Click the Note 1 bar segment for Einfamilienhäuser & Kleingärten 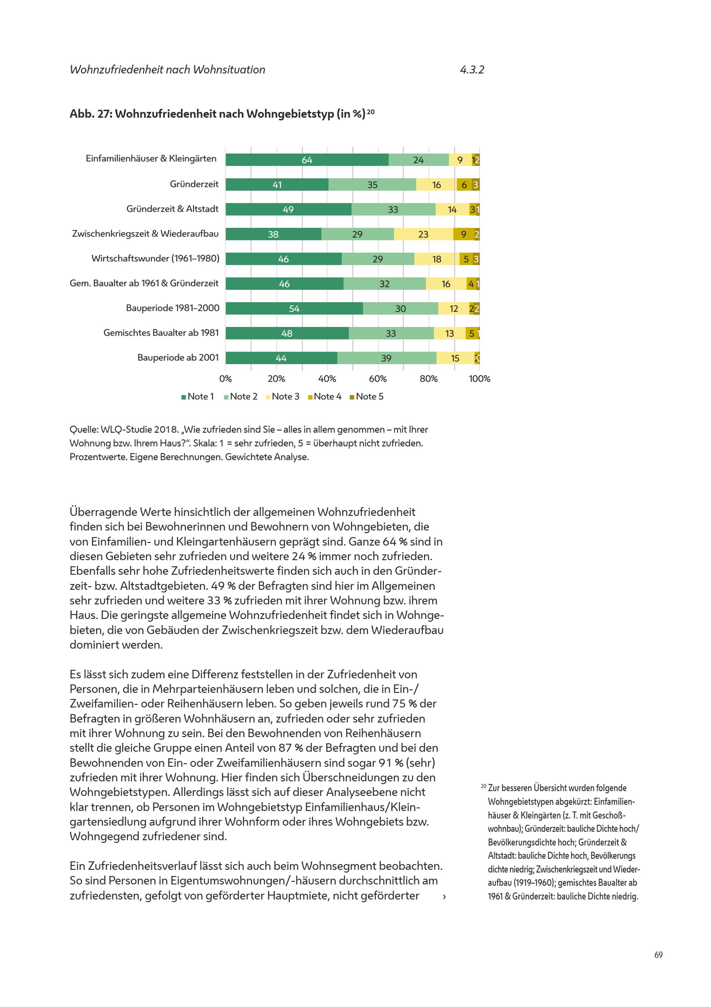pyautogui.click(x=307, y=160)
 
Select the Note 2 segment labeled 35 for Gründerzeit pyautogui.click(x=372, y=185)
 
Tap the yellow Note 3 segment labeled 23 pyautogui.click(x=423, y=234)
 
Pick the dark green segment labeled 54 pyautogui.click(x=294, y=308)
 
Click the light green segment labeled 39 pyautogui.click(x=387, y=358)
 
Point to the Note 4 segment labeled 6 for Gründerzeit pyautogui.click(x=464, y=185)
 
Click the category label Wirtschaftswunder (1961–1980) pyautogui.click(x=155, y=258)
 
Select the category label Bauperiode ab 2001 pyautogui.click(x=178, y=357)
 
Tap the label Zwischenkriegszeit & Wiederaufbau pyautogui.click(x=145, y=234)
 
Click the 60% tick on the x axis pyautogui.click(x=378, y=378)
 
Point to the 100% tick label pyautogui.click(x=479, y=378)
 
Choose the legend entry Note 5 pyautogui.click(x=367, y=397)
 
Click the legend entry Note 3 pyautogui.click(x=282, y=397)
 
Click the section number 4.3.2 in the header pyautogui.click(x=472, y=70)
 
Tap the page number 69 pyautogui.click(x=658, y=955)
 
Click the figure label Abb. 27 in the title pyautogui.click(x=91, y=114)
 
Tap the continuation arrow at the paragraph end pyautogui.click(x=444, y=896)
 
